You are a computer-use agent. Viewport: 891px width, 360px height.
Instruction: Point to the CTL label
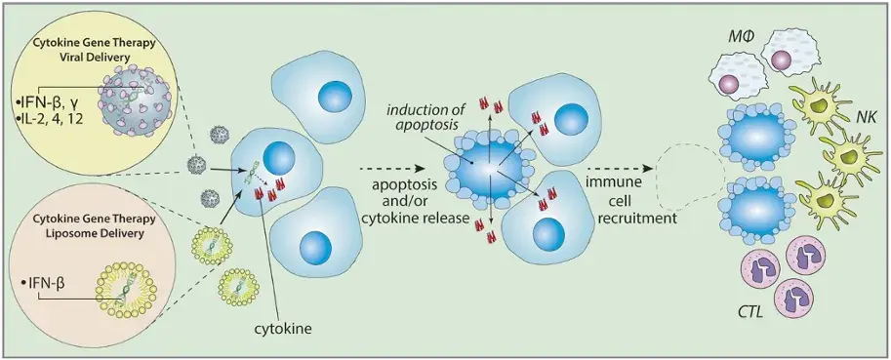pos(751,313)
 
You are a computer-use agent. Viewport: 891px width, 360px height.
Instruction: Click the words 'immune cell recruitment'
pos(634,201)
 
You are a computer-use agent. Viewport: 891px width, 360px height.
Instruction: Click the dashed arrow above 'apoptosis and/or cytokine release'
pos(392,169)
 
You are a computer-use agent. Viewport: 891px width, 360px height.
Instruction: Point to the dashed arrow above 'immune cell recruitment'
pos(621,169)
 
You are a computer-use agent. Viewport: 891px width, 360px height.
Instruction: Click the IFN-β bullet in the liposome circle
pos(43,280)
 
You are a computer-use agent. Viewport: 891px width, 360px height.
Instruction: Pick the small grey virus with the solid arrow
pos(196,166)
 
